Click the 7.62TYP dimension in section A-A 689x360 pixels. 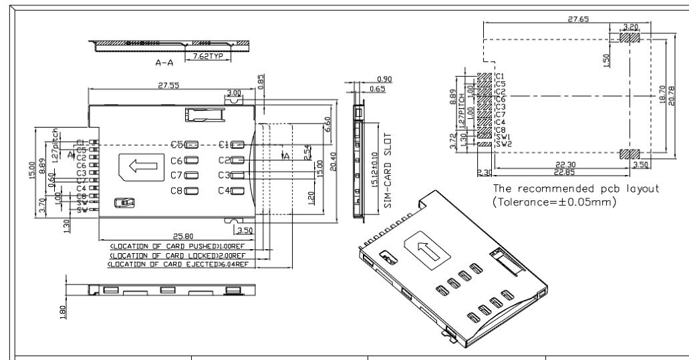pyautogui.click(x=207, y=57)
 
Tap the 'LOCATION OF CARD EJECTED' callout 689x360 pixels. pyautogui.click(x=178, y=264)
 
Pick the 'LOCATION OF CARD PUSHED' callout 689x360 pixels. pyautogui.click(x=178, y=247)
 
